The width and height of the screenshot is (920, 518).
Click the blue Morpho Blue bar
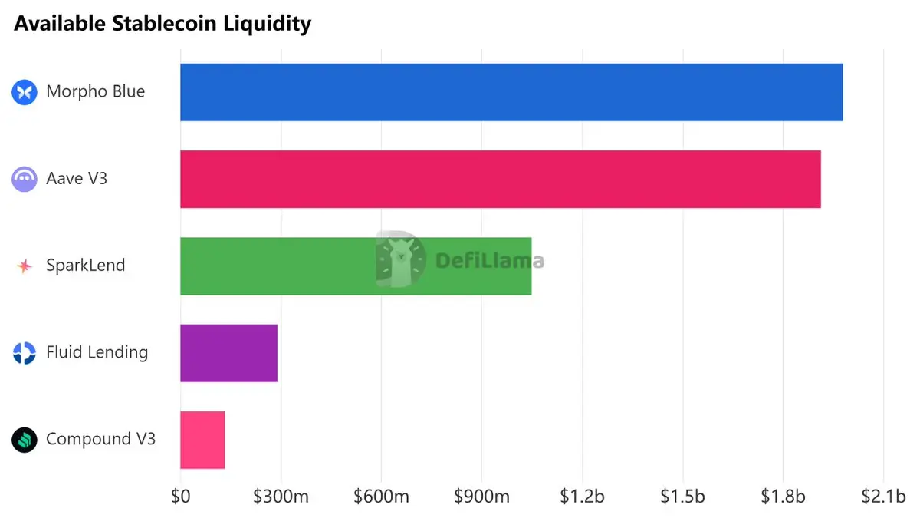coord(511,92)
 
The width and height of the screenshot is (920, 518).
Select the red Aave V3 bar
coord(500,180)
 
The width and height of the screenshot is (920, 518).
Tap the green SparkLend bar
coord(356,266)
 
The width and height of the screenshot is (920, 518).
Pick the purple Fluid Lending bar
coord(228,353)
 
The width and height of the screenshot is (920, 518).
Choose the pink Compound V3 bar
coord(202,440)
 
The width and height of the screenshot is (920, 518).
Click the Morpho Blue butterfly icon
coord(25,92)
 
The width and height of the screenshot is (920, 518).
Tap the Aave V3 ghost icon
coord(25,180)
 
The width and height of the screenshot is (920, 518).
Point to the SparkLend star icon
coord(25,266)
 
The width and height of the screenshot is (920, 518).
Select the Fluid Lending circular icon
coord(25,353)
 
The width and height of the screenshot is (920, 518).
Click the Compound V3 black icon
coord(25,440)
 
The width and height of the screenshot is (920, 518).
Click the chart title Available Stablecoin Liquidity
coord(163,24)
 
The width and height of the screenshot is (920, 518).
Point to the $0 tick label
coord(180,497)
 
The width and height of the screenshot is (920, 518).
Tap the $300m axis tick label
coord(281,497)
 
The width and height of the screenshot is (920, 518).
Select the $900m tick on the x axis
coord(481,497)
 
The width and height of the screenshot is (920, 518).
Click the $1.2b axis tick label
coord(582,497)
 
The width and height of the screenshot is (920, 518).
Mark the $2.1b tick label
coord(883,497)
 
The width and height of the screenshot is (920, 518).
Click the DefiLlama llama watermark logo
coord(400,259)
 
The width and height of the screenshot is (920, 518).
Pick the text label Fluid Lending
coord(97,352)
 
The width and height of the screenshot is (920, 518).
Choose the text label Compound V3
coord(100,439)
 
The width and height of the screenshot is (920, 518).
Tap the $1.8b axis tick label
coord(783,497)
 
